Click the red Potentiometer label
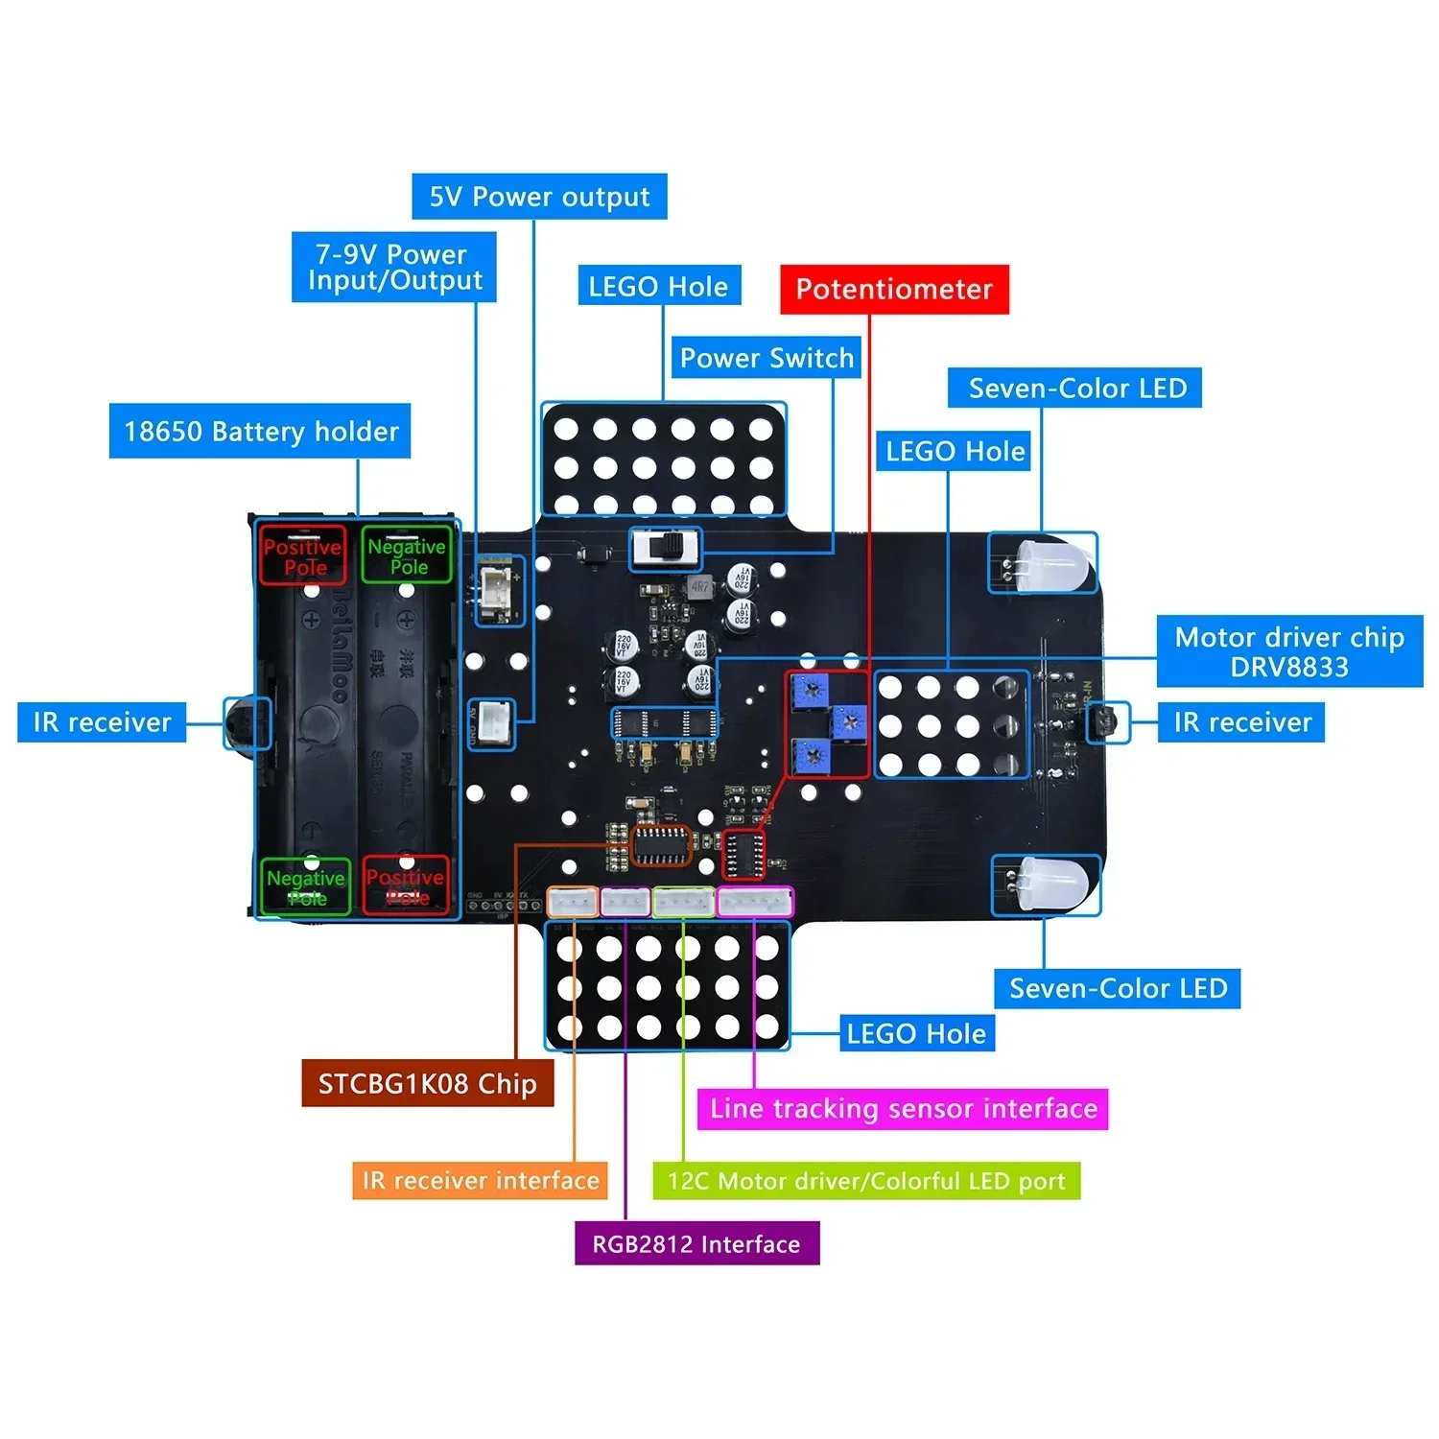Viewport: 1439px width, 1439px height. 894,290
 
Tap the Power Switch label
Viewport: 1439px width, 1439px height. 767,359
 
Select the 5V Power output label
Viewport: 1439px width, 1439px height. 539,197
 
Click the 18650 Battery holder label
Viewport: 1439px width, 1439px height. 260,432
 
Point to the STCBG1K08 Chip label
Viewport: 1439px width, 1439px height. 427,1084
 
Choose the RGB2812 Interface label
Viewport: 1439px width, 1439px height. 696,1244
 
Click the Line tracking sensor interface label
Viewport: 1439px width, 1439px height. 903,1109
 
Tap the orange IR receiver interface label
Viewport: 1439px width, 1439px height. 480,1180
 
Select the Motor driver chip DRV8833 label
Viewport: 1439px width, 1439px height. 1289,652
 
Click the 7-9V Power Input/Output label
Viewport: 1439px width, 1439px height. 393,268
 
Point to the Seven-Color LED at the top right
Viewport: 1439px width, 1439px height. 1050,564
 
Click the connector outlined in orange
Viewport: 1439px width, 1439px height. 573,902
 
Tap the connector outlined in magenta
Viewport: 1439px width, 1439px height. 756,902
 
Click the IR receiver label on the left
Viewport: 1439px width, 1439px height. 102,722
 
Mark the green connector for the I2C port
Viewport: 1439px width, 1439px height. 683,902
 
